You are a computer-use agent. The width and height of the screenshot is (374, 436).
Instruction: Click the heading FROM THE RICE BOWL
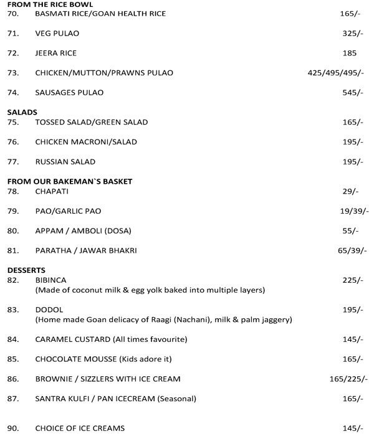point(50,4)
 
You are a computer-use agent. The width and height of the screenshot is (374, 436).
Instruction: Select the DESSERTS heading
point(27,271)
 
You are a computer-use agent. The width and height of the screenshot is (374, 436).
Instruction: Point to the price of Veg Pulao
point(352,33)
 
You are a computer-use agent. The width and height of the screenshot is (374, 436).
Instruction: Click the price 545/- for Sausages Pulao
point(352,93)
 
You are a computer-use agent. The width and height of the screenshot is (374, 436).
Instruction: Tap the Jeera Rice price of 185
point(350,53)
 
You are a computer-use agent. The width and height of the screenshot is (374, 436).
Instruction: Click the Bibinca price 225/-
point(352,281)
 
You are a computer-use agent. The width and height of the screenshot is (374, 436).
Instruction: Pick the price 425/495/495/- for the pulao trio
point(335,73)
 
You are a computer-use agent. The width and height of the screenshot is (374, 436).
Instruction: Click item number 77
point(12,162)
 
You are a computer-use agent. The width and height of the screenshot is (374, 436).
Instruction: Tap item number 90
point(12,428)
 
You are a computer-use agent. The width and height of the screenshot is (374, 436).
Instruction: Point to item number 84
point(12,339)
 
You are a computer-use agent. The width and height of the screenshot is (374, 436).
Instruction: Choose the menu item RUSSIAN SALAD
point(65,162)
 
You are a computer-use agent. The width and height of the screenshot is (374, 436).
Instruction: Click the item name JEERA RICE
point(56,53)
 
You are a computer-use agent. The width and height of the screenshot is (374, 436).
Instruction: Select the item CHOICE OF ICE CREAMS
point(80,428)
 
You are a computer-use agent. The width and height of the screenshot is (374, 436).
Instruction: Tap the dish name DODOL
point(49,310)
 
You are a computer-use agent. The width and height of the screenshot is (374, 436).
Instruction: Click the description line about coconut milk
point(150,290)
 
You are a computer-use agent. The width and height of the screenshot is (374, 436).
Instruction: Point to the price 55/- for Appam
point(352,231)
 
